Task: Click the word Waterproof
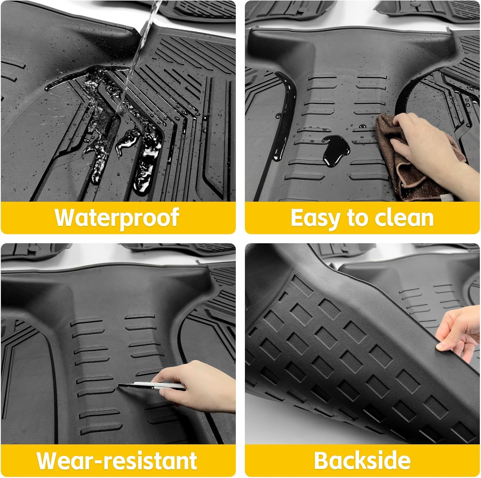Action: tap(117, 218)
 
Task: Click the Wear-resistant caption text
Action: tap(117, 461)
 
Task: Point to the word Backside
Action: tap(362, 461)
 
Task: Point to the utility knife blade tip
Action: tap(120, 385)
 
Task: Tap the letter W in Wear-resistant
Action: tap(48, 461)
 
